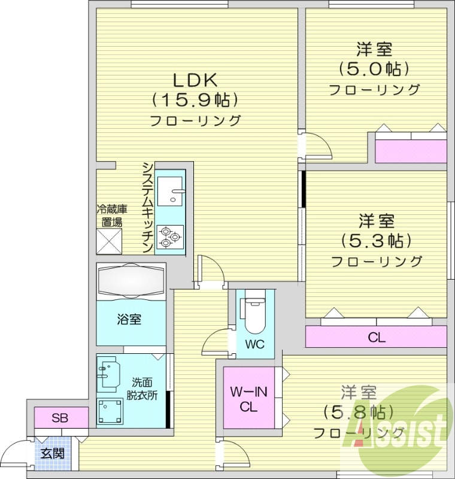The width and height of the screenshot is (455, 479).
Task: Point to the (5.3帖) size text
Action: (x=377, y=241)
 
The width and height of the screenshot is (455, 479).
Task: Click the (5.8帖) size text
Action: (x=358, y=412)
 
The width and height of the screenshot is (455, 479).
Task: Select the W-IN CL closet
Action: (x=248, y=399)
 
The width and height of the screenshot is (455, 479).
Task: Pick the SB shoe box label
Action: (x=59, y=418)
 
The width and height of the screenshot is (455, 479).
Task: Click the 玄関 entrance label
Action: (x=52, y=453)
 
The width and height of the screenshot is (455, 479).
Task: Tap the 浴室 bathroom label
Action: (x=129, y=319)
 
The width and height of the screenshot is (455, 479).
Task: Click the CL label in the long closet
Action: (x=376, y=338)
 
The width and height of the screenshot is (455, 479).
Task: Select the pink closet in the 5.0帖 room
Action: (x=411, y=147)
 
